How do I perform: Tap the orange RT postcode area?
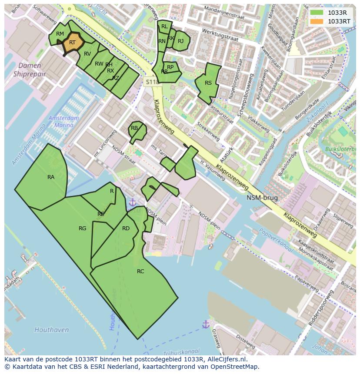tap(73, 43)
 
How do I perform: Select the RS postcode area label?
tap(208, 83)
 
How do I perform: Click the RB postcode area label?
tap(134, 128)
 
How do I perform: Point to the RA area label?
tap(51, 177)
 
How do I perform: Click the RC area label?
tap(140, 271)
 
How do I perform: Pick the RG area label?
tap(82, 228)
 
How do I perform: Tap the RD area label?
tap(126, 228)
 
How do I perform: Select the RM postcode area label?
tap(60, 34)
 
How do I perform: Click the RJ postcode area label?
tap(180, 41)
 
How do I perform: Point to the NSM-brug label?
tap(262, 198)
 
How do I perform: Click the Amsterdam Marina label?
tap(63, 122)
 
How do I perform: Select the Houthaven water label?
tap(51, 330)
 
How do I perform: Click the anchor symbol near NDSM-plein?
tap(132, 202)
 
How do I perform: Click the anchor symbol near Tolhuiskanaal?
tap(205, 324)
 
